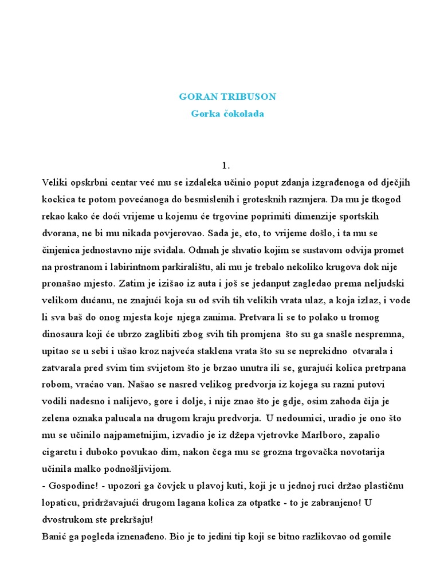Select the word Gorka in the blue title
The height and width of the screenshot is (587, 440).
point(203,114)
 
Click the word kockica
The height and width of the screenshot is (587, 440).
point(60,199)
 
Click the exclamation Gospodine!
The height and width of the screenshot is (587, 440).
point(72,486)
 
